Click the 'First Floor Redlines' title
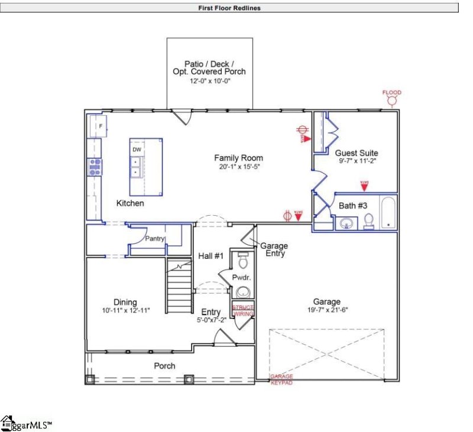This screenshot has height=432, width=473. click(x=229, y=8)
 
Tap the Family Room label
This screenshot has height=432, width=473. click(x=238, y=158)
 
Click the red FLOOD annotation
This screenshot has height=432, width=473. click(x=391, y=93)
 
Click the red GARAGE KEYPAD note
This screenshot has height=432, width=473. click(x=282, y=379)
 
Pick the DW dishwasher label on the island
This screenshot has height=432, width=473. click(x=137, y=150)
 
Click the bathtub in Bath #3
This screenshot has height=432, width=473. click(x=388, y=212)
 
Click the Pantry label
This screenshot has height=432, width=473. click(x=155, y=239)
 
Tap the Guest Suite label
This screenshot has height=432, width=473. click(x=356, y=152)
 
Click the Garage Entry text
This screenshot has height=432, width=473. click(x=274, y=249)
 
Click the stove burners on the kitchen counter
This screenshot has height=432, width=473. click(x=95, y=167)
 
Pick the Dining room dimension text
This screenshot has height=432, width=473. click(x=125, y=310)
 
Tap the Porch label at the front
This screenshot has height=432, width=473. click(x=164, y=366)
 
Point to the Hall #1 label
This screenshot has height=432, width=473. click(x=210, y=256)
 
